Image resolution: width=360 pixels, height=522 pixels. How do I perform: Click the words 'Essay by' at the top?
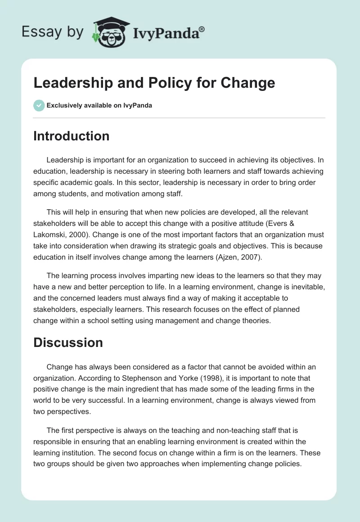pos(53,32)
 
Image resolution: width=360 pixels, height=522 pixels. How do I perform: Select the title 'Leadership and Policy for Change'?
pos(154,82)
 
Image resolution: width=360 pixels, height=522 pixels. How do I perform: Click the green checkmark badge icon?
pos(39,105)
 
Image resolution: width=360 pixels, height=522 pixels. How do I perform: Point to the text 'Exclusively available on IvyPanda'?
pos(99,105)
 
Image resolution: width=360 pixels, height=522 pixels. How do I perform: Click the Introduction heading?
pos(71,136)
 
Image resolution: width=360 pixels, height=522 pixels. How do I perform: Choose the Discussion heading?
pos(68,342)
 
